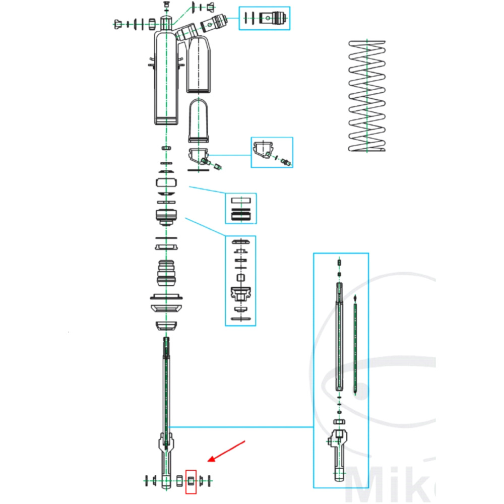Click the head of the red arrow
pos(209,461)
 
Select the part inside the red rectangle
pos(191,481)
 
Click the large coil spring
pos(367,96)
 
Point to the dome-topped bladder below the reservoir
pos(199,121)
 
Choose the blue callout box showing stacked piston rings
pos(240,208)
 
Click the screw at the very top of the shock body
pos(166,6)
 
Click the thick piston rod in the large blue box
pos(340,338)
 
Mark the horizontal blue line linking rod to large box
pos(242,427)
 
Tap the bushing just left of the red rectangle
pos(179,481)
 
